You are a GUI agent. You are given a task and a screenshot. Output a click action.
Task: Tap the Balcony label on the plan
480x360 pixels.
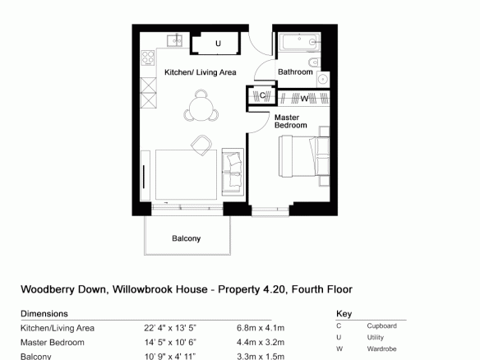186,238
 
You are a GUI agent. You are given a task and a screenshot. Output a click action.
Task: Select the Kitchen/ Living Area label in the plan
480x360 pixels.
201,72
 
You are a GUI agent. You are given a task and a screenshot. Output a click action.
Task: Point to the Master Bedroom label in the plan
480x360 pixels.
290,121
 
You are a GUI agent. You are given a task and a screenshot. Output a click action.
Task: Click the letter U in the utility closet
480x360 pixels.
218,44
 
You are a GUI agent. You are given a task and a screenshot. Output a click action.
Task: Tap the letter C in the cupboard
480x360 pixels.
262,95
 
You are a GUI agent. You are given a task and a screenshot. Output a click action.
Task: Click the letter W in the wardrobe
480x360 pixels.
304,99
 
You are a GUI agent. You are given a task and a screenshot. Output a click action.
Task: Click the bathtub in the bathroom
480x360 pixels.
299,42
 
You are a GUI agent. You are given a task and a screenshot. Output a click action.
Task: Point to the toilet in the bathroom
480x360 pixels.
315,63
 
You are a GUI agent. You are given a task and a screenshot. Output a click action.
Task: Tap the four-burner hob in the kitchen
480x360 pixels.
148,58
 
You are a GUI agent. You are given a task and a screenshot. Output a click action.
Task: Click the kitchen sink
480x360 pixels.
175,40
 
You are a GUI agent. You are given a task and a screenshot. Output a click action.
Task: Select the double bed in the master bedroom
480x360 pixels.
304,156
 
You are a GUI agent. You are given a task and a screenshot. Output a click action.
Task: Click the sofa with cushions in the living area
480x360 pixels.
233,172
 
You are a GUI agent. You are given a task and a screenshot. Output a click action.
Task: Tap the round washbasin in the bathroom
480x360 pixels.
323,79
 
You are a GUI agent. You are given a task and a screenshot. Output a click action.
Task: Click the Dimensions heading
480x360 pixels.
44,314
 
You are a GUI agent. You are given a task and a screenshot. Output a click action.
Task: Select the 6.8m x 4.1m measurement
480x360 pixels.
261,328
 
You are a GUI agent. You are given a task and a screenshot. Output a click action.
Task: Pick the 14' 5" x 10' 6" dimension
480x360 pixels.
170,342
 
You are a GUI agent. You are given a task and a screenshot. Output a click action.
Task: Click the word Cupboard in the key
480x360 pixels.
381,326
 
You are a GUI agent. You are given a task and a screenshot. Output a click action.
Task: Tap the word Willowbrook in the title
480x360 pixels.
159,289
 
